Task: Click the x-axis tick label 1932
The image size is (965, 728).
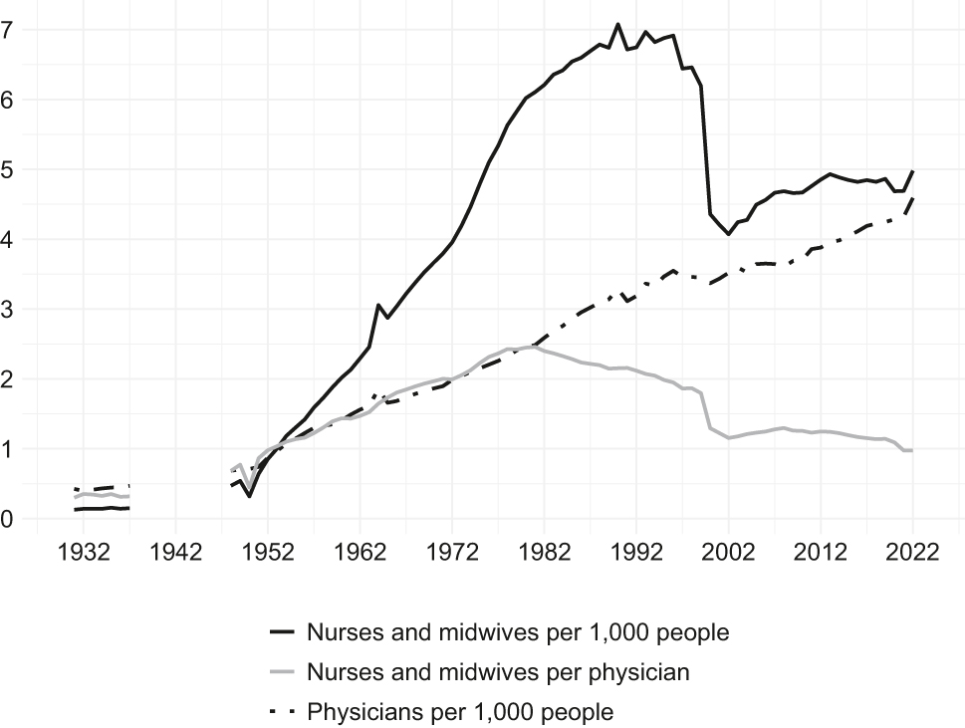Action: click(x=84, y=554)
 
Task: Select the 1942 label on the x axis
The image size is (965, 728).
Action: click(x=175, y=554)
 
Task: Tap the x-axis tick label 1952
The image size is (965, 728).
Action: click(x=268, y=554)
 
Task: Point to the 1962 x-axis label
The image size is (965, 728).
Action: click(x=360, y=554)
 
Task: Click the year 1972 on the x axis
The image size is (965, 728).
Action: click(x=452, y=554)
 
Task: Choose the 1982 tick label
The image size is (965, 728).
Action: click(x=544, y=554)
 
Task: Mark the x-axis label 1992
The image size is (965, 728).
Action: click(x=636, y=554)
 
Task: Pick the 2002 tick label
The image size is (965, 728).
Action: click(x=728, y=554)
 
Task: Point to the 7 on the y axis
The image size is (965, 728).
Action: click(x=8, y=30)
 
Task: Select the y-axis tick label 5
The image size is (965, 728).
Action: click(x=8, y=170)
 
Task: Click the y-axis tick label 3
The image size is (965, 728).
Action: click(x=8, y=310)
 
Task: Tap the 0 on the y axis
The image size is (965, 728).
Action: click(x=8, y=519)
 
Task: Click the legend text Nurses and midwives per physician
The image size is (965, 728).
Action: click(x=498, y=672)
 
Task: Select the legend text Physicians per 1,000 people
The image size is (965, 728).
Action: click(x=460, y=712)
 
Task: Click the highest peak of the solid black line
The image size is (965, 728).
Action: click(x=617, y=24)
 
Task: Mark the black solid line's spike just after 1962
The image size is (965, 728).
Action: click(x=378, y=305)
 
